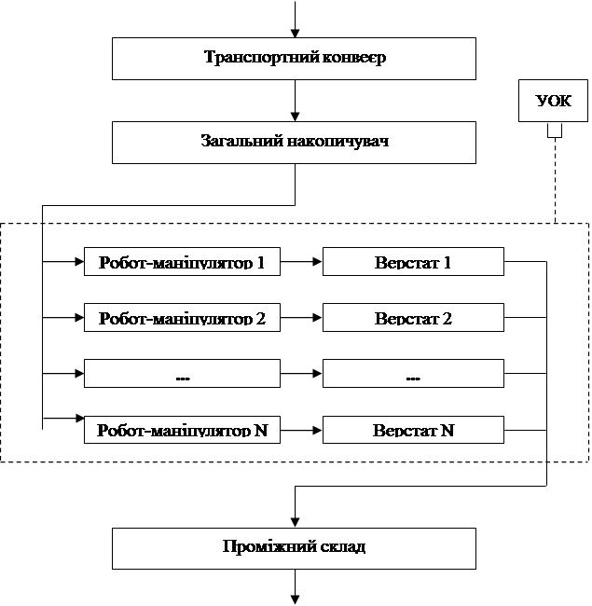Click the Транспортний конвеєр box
(294, 59)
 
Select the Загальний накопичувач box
(294, 143)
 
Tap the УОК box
(553, 101)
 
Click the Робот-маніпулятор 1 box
(182, 262)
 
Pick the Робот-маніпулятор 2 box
(182, 317)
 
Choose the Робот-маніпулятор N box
(182, 430)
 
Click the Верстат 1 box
(413, 262)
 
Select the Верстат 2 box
(413, 317)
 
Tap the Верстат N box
(413, 430)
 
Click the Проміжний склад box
(294, 548)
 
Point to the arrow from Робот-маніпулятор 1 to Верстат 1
(301, 262)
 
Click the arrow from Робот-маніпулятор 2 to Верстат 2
(301, 317)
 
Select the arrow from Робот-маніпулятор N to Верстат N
(301, 430)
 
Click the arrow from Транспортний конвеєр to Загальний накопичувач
(295, 101)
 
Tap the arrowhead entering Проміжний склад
(295, 523)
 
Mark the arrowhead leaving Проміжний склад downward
(295, 599)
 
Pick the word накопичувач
(338, 141)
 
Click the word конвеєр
(353, 58)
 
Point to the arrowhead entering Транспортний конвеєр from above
(295, 33)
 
